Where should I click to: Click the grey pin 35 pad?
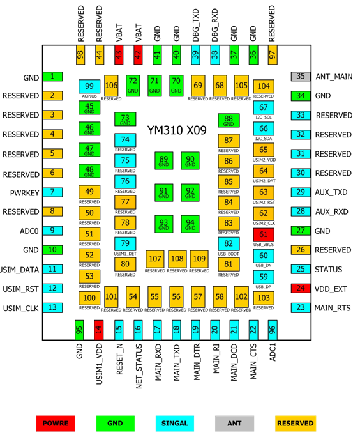click(x=301, y=76)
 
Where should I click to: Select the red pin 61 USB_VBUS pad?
click(x=264, y=234)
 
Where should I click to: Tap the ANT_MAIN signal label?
click(x=334, y=77)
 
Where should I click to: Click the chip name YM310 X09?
click(x=177, y=130)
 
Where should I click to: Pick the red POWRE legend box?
click(x=56, y=424)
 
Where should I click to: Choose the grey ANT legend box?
click(x=234, y=424)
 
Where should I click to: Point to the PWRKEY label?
click(x=24, y=193)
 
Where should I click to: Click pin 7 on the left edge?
click(x=52, y=192)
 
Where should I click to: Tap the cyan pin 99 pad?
click(x=89, y=86)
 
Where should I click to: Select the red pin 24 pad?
click(x=301, y=288)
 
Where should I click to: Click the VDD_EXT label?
click(x=331, y=289)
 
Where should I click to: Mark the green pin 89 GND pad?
click(x=163, y=160)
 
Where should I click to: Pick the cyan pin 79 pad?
click(x=125, y=243)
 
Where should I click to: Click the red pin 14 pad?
click(x=98, y=330)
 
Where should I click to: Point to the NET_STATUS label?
click(x=139, y=366)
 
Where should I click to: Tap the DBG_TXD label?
click(x=196, y=26)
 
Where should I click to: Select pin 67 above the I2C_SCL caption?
click(x=264, y=107)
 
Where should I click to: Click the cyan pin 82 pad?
click(x=229, y=244)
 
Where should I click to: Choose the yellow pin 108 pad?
click(x=177, y=259)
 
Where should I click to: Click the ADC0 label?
click(x=29, y=231)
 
